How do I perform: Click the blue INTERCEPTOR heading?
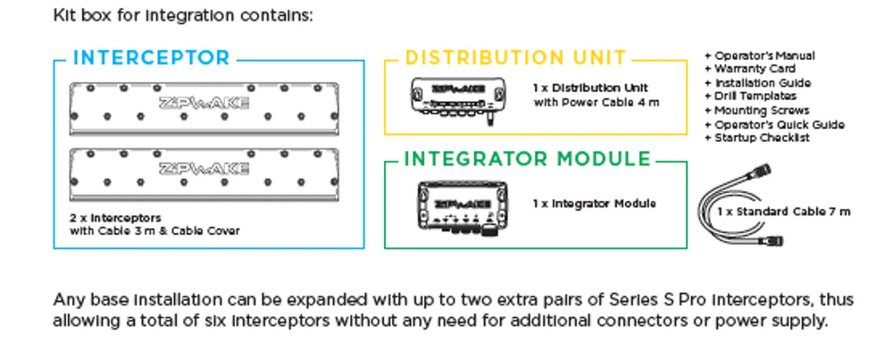click(151, 59)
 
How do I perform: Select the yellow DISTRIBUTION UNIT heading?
click(516, 59)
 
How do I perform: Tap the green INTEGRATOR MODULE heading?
click(528, 160)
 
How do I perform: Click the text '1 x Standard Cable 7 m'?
click(784, 212)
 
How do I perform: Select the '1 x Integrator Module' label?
click(594, 204)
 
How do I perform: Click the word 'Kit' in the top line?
click(63, 15)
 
